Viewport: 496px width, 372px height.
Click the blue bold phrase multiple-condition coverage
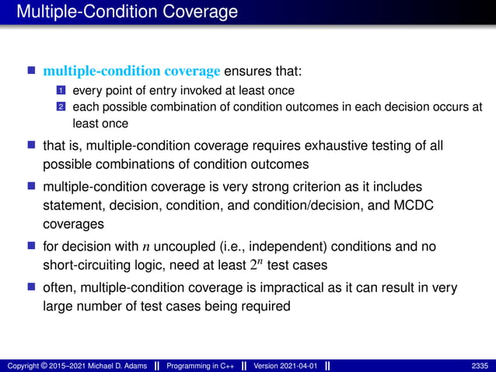(131, 72)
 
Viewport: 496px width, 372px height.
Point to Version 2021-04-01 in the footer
(285, 365)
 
